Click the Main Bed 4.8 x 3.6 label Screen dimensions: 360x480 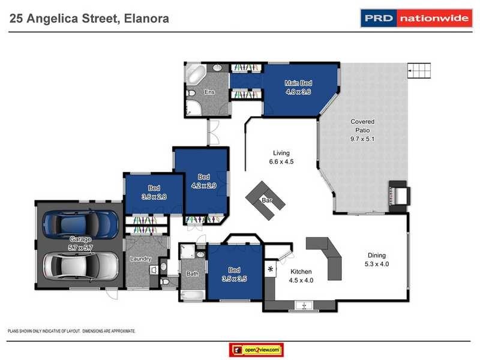pyautogui.click(x=297, y=87)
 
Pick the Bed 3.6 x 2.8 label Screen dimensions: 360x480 pyautogui.click(x=154, y=192)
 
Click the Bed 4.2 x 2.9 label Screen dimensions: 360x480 pyautogui.click(x=204, y=181)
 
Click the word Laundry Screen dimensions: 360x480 pyautogui.click(x=140, y=259)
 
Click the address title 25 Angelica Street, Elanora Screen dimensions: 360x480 pyautogui.click(x=89, y=19)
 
